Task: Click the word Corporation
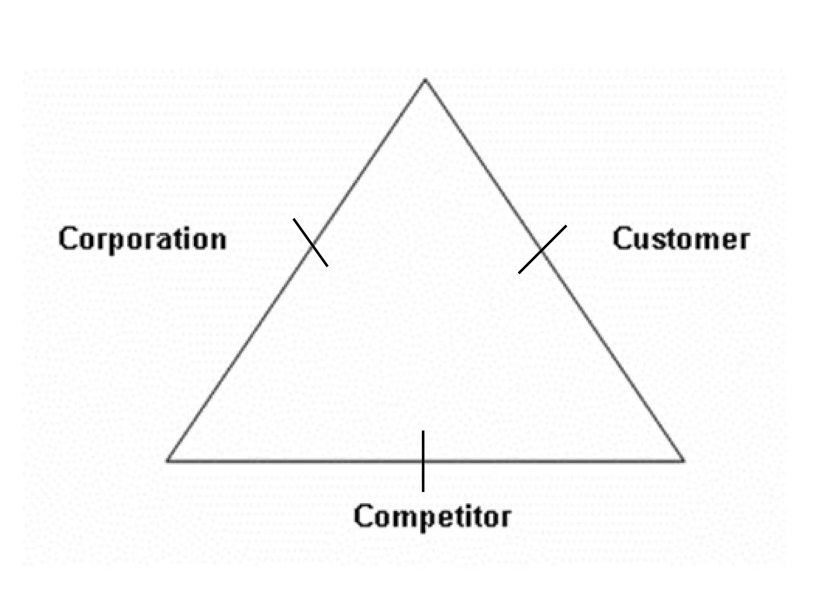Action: coord(143,239)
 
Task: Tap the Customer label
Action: coord(681,239)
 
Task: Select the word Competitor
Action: coord(432,517)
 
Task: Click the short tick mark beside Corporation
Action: coord(310,243)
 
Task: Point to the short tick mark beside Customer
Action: coord(542,249)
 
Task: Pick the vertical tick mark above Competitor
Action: coord(423,460)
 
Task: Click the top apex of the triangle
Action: coord(425,80)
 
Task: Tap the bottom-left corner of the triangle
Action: coord(168,460)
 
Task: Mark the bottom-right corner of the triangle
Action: coord(683,460)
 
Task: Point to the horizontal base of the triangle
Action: coord(320,461)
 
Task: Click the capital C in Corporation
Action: coord(68,239)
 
